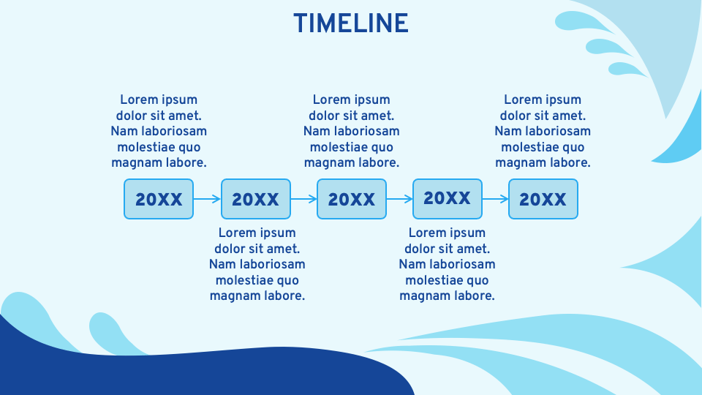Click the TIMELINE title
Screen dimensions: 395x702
click(x=351, y=23)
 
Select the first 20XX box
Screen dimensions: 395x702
click(x=159, y=199)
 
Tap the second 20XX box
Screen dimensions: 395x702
click(x=255, y=199)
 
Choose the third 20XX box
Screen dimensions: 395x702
click(x=351, y=199)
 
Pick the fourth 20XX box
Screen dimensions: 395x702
click(x=447, y=198)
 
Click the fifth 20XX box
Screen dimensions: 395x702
click(x=543, y=199)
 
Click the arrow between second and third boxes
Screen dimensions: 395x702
click(x=303, y=198)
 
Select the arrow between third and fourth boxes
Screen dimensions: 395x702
click(x=399, y=198)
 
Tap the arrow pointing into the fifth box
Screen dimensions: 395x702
click(x=495, y=198)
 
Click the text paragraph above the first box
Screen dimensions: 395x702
click(x=159, y=131)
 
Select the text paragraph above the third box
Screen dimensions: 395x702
click(x=352, y=131)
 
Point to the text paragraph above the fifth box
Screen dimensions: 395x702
click(x=543, y=131)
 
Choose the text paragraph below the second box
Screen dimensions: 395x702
click(x=257, y=264)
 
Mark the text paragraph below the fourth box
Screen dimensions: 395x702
click(x=447, y=264)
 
